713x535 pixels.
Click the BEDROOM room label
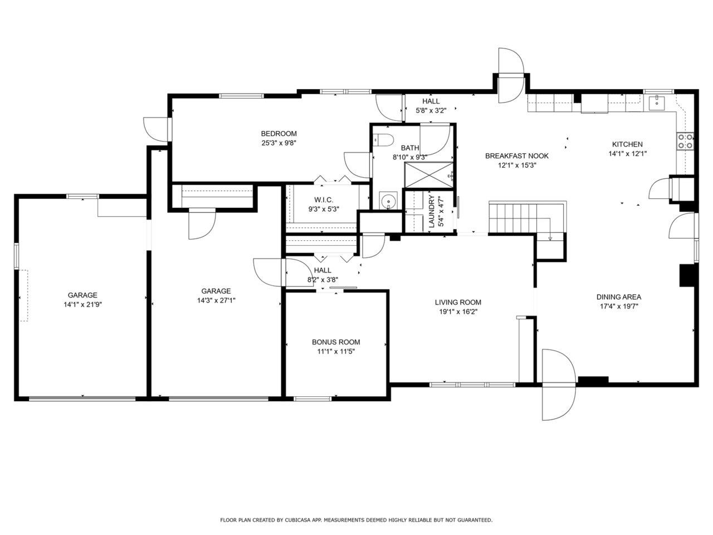click(279, 134)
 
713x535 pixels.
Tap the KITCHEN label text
click(627, 144)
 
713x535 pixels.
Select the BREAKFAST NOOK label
click(516, 156)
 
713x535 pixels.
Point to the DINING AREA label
click(618, 297)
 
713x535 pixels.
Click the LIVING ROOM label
click(457, 303)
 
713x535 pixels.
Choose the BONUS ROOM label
click(335, 342)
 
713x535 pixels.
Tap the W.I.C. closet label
click(323, 200)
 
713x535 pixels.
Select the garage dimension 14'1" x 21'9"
click(82, 305)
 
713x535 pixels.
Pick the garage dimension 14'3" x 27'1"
click(216, 300)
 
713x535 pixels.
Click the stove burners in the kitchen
click(685, 142)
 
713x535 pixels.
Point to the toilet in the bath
click(384, 140)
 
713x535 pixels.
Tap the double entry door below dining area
click(558, 385)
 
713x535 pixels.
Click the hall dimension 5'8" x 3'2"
click(431, 110)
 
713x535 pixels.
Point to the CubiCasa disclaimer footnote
click(356, 520)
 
